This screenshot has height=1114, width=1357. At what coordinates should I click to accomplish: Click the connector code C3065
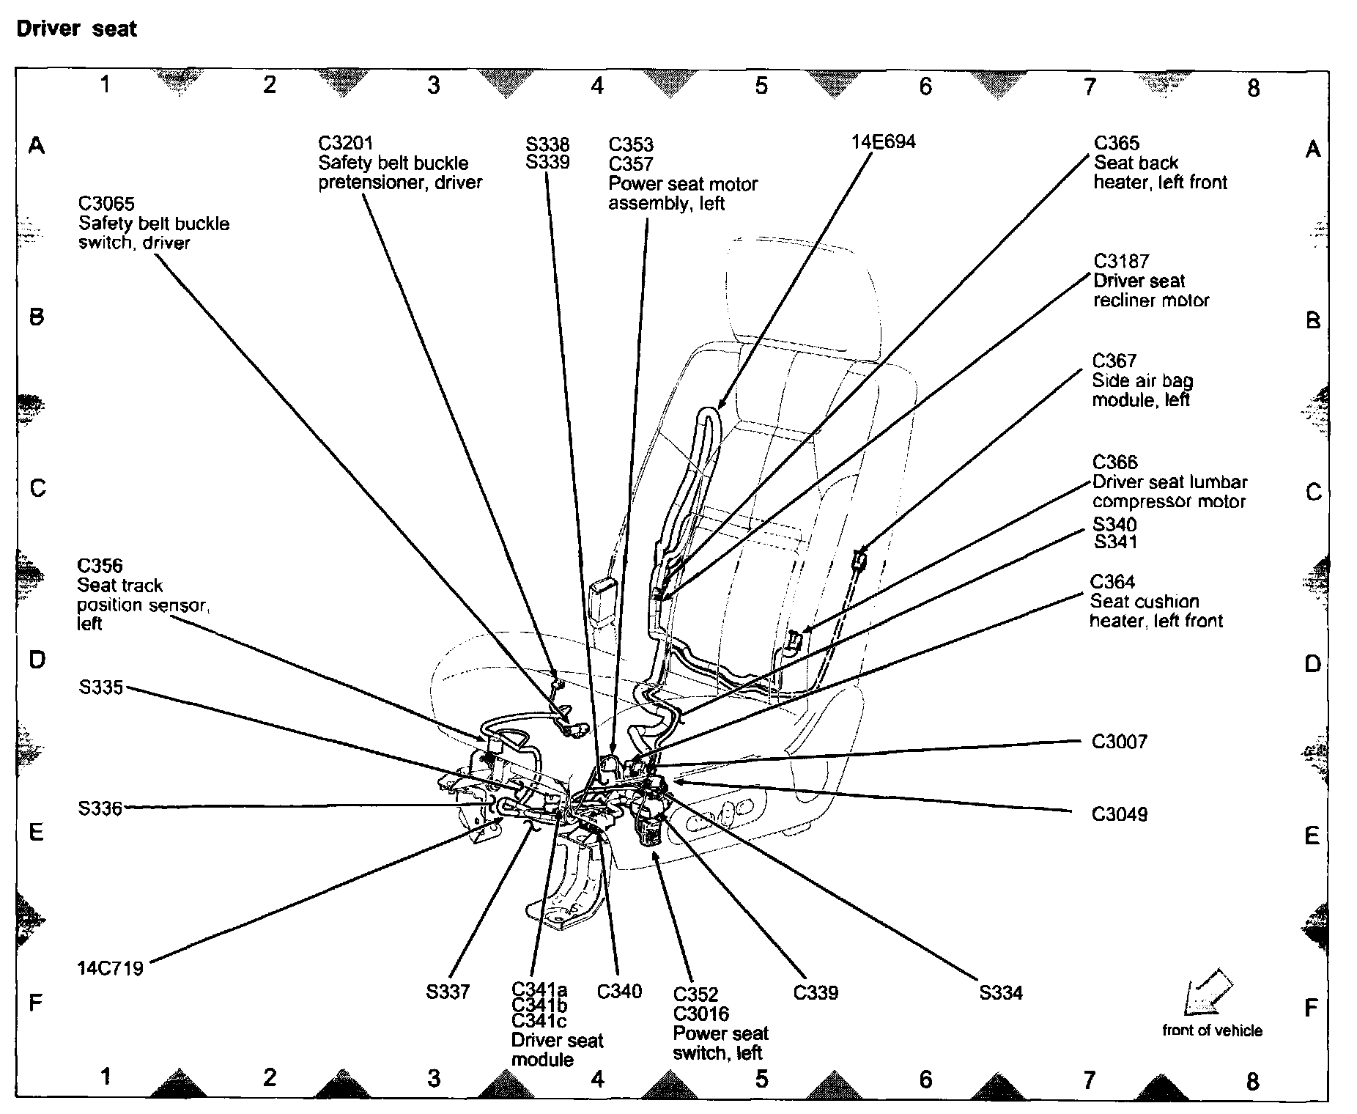click(106, 204)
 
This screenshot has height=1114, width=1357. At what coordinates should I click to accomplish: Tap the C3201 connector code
click(345, 143)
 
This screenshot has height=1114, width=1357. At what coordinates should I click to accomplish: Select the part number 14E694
click(883, 141)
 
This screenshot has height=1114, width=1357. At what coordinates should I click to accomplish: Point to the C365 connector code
click(1117, 143)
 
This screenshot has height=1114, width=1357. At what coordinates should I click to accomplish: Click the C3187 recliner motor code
click(1121, 261)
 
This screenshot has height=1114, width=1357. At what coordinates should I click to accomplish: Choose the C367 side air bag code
click(1114, 361)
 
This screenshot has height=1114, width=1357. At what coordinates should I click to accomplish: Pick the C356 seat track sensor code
click(100, 565)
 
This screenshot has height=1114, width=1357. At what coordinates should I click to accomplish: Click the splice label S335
click(101, 688)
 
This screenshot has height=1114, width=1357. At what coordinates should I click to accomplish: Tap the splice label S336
click(100, 808)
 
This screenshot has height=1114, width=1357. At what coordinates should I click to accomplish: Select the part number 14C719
click(110, 968)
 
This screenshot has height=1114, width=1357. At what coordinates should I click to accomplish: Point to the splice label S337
click(448, 992)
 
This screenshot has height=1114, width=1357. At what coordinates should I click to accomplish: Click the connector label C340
click(619, 992)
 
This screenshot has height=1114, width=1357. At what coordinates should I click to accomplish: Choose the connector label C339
click(816, 992)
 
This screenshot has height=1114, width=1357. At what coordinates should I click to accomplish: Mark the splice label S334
click(1001, 992)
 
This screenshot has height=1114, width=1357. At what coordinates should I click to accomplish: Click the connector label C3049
click(1120, 814)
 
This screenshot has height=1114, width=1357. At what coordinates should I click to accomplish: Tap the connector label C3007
click(1120, 742)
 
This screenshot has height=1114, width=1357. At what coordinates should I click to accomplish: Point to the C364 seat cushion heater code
click(1113, 581)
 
